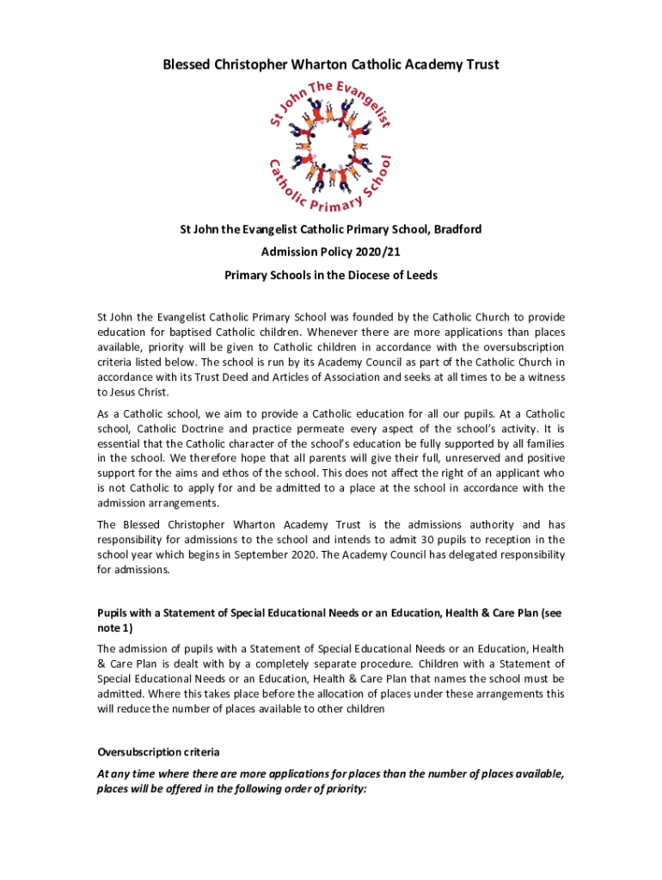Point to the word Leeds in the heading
[x=420, y=276]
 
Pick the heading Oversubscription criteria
[x=158, y=752]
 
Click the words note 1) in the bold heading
[x=116, y=628]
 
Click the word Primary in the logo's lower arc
[x=336, y=205]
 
